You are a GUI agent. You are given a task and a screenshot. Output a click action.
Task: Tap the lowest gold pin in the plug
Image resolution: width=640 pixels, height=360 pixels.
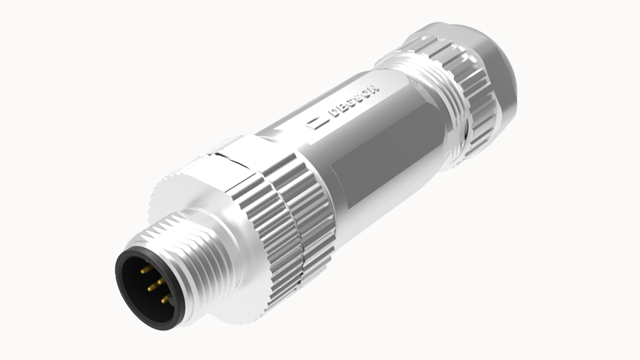[x=166, y=300]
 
